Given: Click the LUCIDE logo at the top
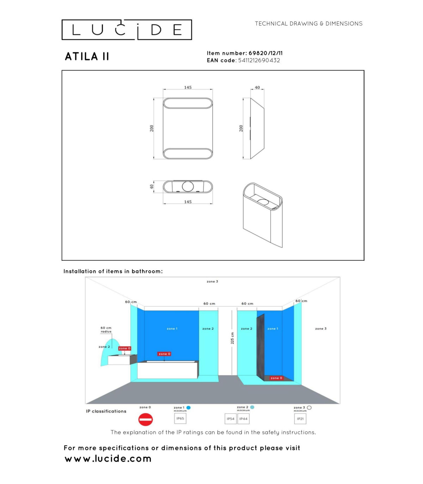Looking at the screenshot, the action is tap(127, 30).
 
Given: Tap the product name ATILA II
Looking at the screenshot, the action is tap(87, 56).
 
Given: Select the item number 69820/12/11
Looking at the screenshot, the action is tap(265, 53).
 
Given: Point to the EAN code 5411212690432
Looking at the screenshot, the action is tap(259, 60).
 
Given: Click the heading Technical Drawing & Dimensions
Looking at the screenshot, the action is tap(309, 24).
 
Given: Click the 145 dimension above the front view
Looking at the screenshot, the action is tap(188, 87).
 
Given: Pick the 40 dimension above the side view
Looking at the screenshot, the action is tap(257, 87).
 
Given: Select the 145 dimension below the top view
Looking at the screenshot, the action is tap(188, 202).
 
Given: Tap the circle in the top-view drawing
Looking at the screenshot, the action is tap(188, 186).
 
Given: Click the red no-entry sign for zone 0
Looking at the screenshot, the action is tap(146, 419).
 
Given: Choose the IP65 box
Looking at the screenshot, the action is tap(180, 418).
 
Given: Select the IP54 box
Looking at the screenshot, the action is tap(231, 419).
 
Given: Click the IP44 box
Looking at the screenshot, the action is tap(244, 419).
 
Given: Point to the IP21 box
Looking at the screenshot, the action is tap(300, 419).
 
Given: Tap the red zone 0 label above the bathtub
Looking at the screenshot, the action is tap(164, 354).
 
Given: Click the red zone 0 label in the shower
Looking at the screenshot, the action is tap(276, 378).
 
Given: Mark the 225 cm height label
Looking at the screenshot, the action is tap(232, 338).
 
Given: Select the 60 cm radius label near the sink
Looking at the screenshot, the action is tap(106, 329).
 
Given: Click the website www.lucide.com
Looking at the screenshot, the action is tap(108, 459).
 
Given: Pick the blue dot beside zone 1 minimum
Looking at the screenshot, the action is tap(188, 407).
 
